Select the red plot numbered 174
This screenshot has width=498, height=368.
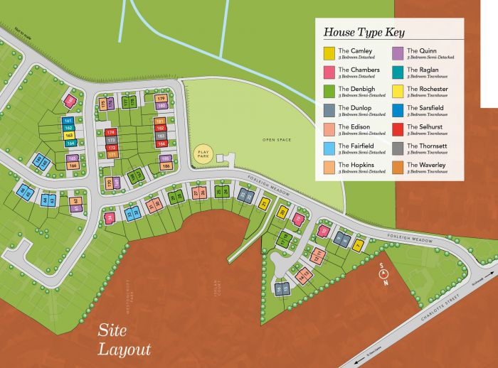pos(110,132)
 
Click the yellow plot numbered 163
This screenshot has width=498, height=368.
pos(69,135)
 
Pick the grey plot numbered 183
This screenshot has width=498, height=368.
pos(160,136)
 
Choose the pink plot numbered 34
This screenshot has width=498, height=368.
pos(110,217)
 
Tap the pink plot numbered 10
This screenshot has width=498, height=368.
pos(323,231)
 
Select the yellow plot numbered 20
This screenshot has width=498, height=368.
pos(282,212)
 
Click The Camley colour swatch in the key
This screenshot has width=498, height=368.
pos(329,53)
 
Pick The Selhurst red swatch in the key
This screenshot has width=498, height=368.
pos(398,129)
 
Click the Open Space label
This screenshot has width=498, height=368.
pos(277,140)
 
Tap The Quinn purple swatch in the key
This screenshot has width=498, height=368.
pos(398,53)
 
